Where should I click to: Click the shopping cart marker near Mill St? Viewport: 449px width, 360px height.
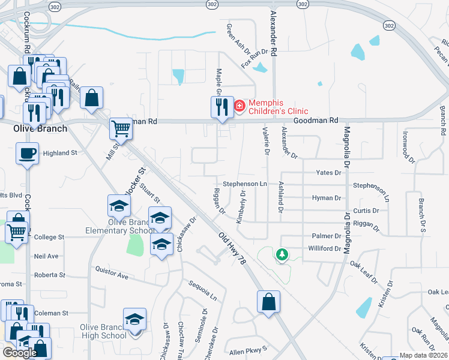(x=121, y=128)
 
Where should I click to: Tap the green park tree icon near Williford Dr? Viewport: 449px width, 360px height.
(x=282, y=254)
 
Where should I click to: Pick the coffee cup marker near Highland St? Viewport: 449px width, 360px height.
(x=27, y=153)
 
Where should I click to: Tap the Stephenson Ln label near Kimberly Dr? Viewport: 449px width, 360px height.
(x=244, y=184)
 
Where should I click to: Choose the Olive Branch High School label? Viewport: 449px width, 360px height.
(x=104, y=331)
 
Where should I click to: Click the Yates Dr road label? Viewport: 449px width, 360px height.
(x=329, y=173)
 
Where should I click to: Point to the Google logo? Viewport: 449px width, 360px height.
(x=20, y=352)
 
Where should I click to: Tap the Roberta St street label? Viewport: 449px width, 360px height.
(x=50, y=275)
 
